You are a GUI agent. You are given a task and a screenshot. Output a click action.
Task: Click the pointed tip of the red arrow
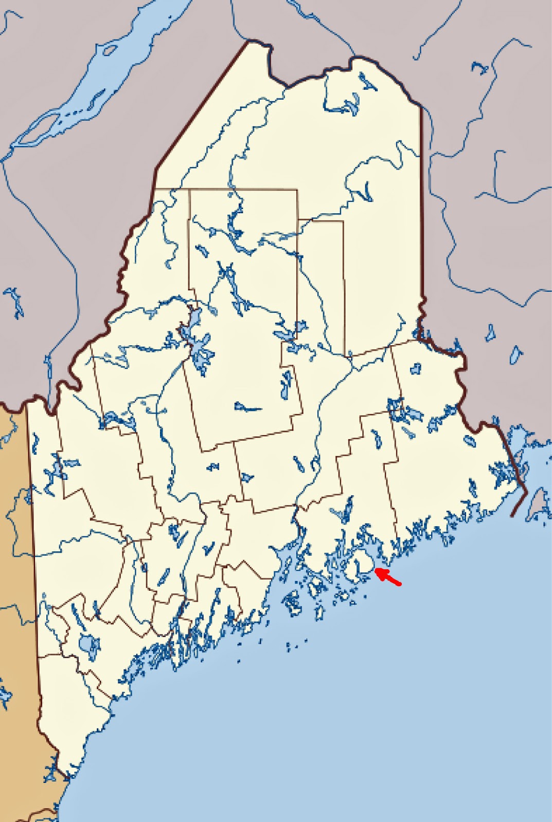click(x=377, y=570)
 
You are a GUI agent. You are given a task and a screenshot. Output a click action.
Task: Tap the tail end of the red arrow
click(x=400, y=583)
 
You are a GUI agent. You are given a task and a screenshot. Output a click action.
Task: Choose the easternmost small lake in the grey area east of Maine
click(x=516, y=354)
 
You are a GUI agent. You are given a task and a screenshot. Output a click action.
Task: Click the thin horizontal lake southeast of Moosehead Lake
click(x=248, y=408)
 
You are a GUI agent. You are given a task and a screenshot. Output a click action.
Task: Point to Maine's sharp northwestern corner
click(x=250, y=42)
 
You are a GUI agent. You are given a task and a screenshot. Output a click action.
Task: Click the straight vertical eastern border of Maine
click(x=421, y=206)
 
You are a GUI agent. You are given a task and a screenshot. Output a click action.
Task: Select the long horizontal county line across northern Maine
click(x=226, y=190)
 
